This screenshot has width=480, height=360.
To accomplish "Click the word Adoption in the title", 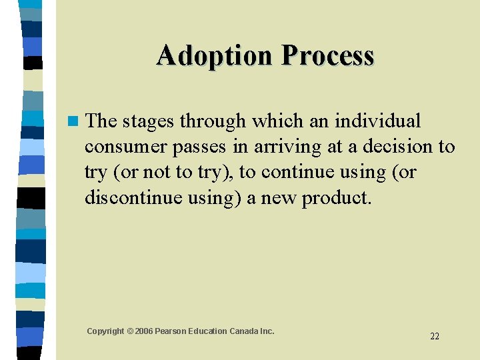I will tap(215, 56).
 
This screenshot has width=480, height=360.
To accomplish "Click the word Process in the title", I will tap(327, 56).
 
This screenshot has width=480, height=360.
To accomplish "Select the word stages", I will tap(149, 121).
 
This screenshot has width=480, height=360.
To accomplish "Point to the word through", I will tap(212, 121).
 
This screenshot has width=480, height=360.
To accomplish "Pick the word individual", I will tap(377, 121).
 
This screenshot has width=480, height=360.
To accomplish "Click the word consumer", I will tap(125, 147).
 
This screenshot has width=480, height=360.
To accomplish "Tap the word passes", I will tap(199, 147).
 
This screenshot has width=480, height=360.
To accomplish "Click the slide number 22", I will tap(435, 336).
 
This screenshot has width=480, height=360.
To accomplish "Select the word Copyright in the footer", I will tap(105, 331).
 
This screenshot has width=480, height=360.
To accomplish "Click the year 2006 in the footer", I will tap(145, 331).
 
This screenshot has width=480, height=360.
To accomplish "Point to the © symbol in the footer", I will tap(131, 331).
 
